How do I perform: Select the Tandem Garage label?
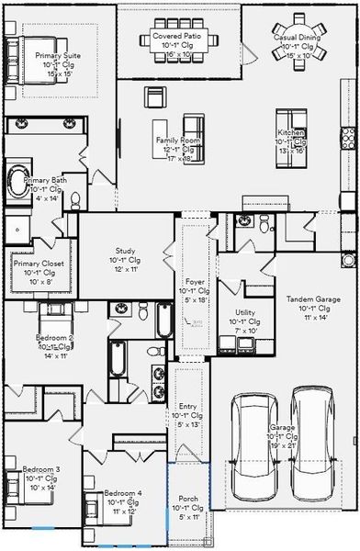(x=314, y=299)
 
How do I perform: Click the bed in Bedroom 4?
(x=95, y=507)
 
